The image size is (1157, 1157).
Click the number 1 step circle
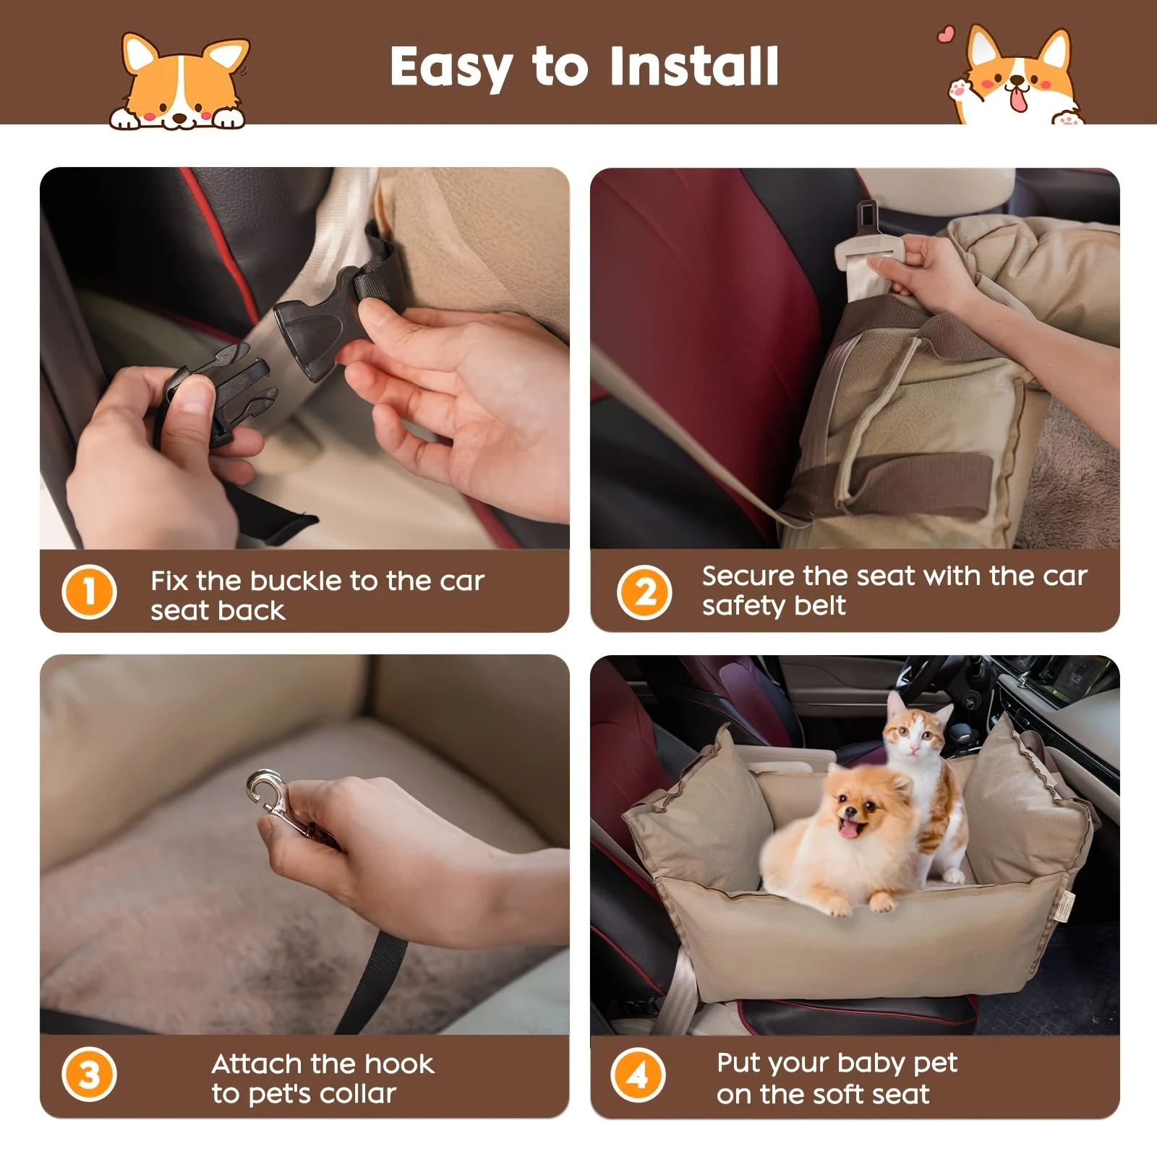point(89,592)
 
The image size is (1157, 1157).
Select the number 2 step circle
point(644,592)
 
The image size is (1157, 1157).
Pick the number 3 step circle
point(89,1075)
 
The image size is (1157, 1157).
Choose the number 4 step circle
point(638,1075)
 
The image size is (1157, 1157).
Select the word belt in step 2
point(820,605)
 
